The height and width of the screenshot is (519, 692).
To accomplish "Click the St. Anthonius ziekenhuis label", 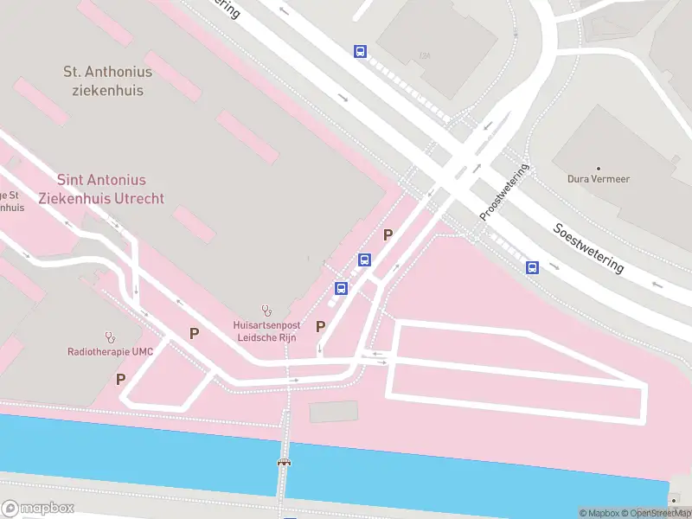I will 107,80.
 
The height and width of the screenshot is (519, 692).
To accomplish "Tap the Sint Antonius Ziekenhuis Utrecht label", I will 101,189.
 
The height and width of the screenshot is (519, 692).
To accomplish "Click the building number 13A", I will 424,56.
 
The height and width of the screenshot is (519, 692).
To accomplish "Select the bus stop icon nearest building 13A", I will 360,51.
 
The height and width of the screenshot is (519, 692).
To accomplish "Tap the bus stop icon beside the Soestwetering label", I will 532,267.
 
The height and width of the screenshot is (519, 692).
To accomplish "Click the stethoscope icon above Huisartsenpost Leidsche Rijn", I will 266,311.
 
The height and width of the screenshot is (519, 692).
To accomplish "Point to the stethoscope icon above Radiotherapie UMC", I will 110,336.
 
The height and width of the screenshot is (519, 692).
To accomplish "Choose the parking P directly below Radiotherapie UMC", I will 120,379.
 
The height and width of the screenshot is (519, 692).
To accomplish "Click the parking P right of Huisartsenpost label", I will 321,326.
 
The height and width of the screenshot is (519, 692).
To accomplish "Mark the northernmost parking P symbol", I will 388,234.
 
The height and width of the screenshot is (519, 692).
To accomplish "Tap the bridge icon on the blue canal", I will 284,463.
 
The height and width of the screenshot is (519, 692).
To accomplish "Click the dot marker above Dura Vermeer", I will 598,168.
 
